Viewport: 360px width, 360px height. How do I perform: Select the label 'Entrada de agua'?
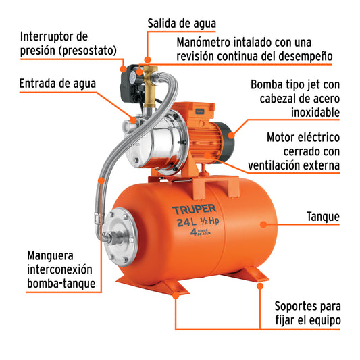click(57, 84)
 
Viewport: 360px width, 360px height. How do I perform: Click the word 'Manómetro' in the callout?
click(205, 41)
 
